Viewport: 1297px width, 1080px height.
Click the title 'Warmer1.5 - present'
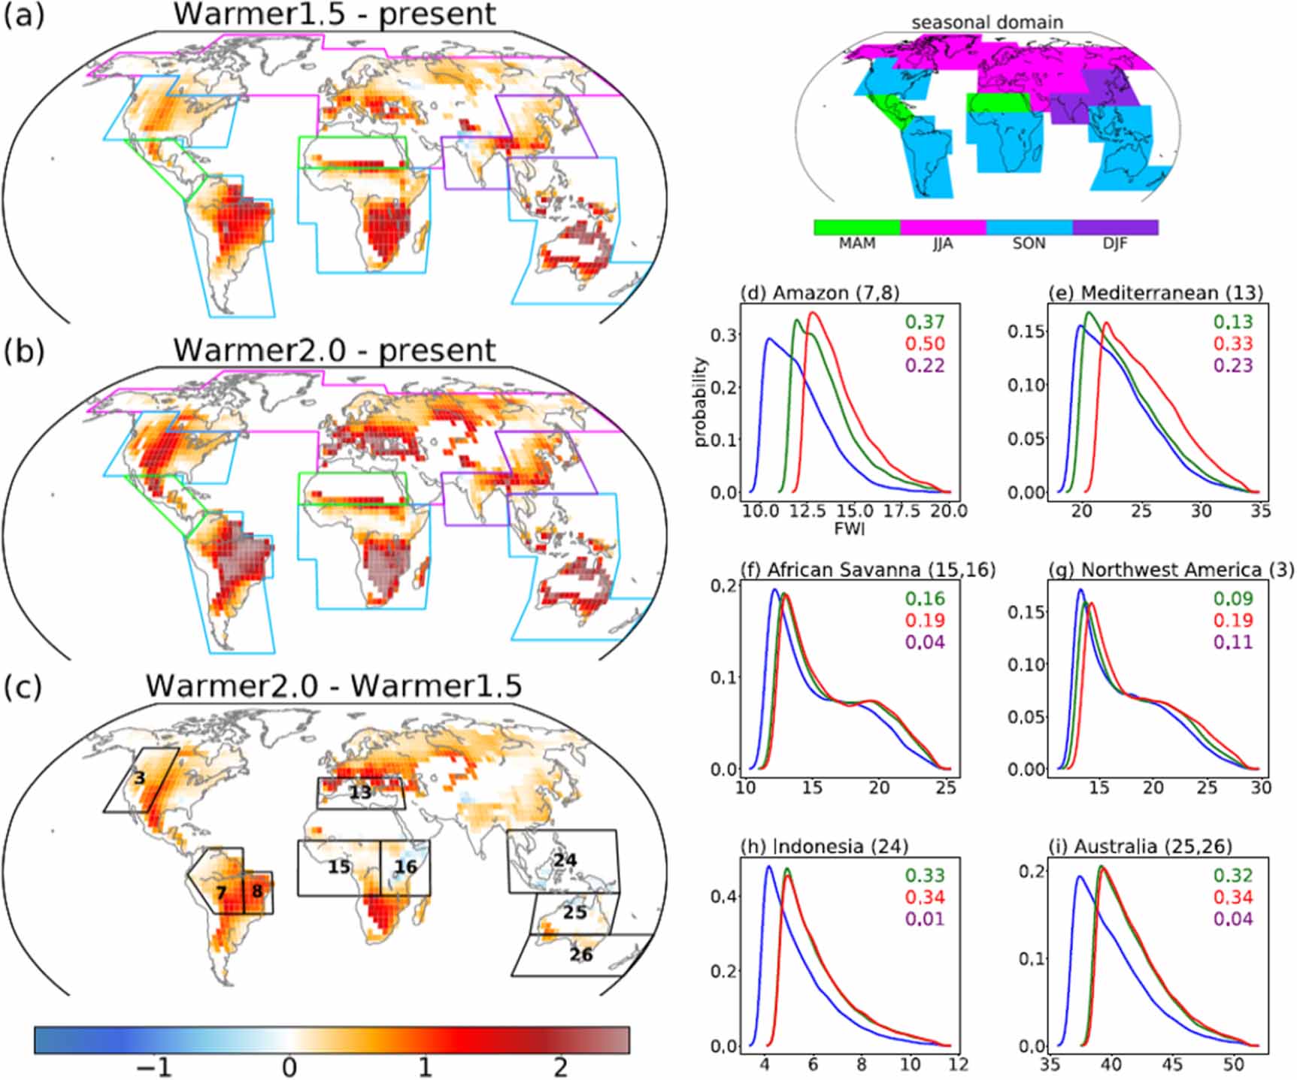tap(335, 15)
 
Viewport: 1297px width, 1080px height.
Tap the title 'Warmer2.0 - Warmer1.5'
tap(334, 686)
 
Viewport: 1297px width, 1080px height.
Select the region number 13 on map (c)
tap(360, 792)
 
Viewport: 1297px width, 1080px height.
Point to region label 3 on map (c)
tap(139, 777)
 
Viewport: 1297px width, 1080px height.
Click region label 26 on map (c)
tap(580, 954)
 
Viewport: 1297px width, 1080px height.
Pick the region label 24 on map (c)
tap(565, 859)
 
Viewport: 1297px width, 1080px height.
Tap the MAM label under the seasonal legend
tap(856, 244)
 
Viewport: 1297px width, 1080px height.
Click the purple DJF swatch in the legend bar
tap(1115, 227)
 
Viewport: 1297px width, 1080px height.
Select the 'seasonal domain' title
tap(987, 23)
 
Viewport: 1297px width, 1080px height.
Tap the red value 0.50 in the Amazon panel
tap(925, 344)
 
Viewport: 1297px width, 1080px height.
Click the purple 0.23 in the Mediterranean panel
tap(1233, 366)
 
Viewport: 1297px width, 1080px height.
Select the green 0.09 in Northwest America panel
tap(1233, 599)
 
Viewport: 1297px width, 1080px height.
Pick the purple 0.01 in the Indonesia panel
tap(925, 919)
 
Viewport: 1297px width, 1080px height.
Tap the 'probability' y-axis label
tap(701, 402)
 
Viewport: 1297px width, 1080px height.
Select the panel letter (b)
tap(25, 351)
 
